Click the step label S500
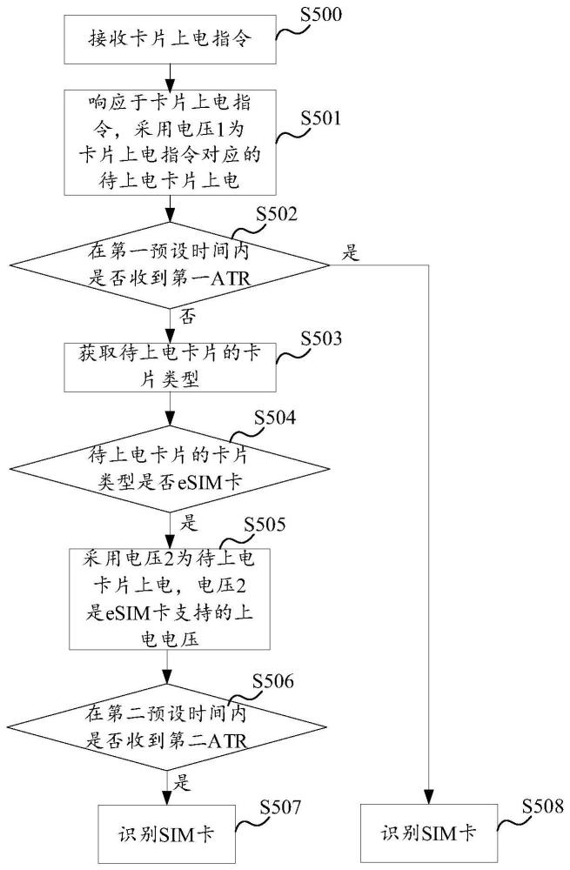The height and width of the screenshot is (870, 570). click(323, 14)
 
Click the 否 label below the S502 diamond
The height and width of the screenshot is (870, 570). click(185, 317)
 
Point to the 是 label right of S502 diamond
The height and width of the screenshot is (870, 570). click(352, 253)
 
